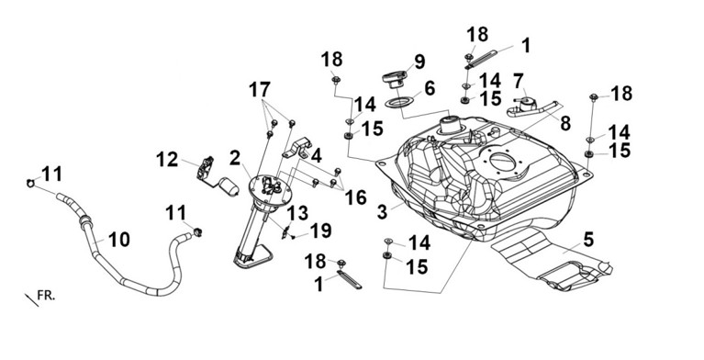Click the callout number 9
pyautogui.click(x=419, y=62)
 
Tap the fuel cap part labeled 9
pyautogui.click(x=394, y=79)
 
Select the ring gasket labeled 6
pyautogui.click(x=399, y=103)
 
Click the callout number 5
pyautogui.click(x=588, y=239)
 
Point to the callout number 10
pyautogui.click(x=119, y=240)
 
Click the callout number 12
pyautogui.click(x=167, y=160)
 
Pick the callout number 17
pyautogui.click(x=260, y=89)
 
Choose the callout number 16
pyautogui.click(x=355, y=197)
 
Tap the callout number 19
pyautogui.click(x=320, y=231)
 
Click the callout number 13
pyautogui.click(x=297, y=213)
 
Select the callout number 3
pyautogui.click(x=382, y=212)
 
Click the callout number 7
pyautogui.click(x=519, y=82)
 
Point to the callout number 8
pyautogui.click(x=565, y=123)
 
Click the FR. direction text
pyautogui.click(x=46, y=296)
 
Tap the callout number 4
pyautogui.click(x=316, y=155)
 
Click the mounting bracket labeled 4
pyautogui.click(x=297, y=148)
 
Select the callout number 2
pyautogui.click(x=235, y=158)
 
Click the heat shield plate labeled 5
pyautogui.click(x=553, y=259)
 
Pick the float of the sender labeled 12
pyautogui.click(x=229, y=186)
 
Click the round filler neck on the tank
pyautogui.click(x=451, y=125)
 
